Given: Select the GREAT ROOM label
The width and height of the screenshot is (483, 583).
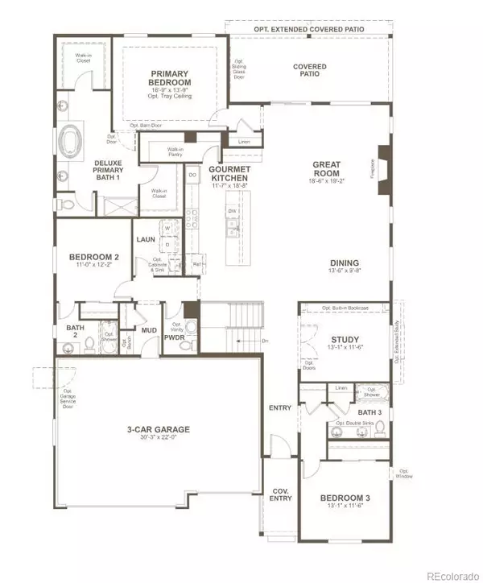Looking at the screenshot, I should (x=327, y=169).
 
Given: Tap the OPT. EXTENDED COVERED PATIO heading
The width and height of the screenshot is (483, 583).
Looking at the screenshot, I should (x=308, y=29).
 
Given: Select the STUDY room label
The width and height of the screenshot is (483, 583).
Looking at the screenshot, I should (x=345, y=339).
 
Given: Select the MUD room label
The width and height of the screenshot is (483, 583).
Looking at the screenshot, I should (x=149, y=330).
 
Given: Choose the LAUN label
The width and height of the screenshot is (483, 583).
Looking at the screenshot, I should (x=145, y=239).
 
